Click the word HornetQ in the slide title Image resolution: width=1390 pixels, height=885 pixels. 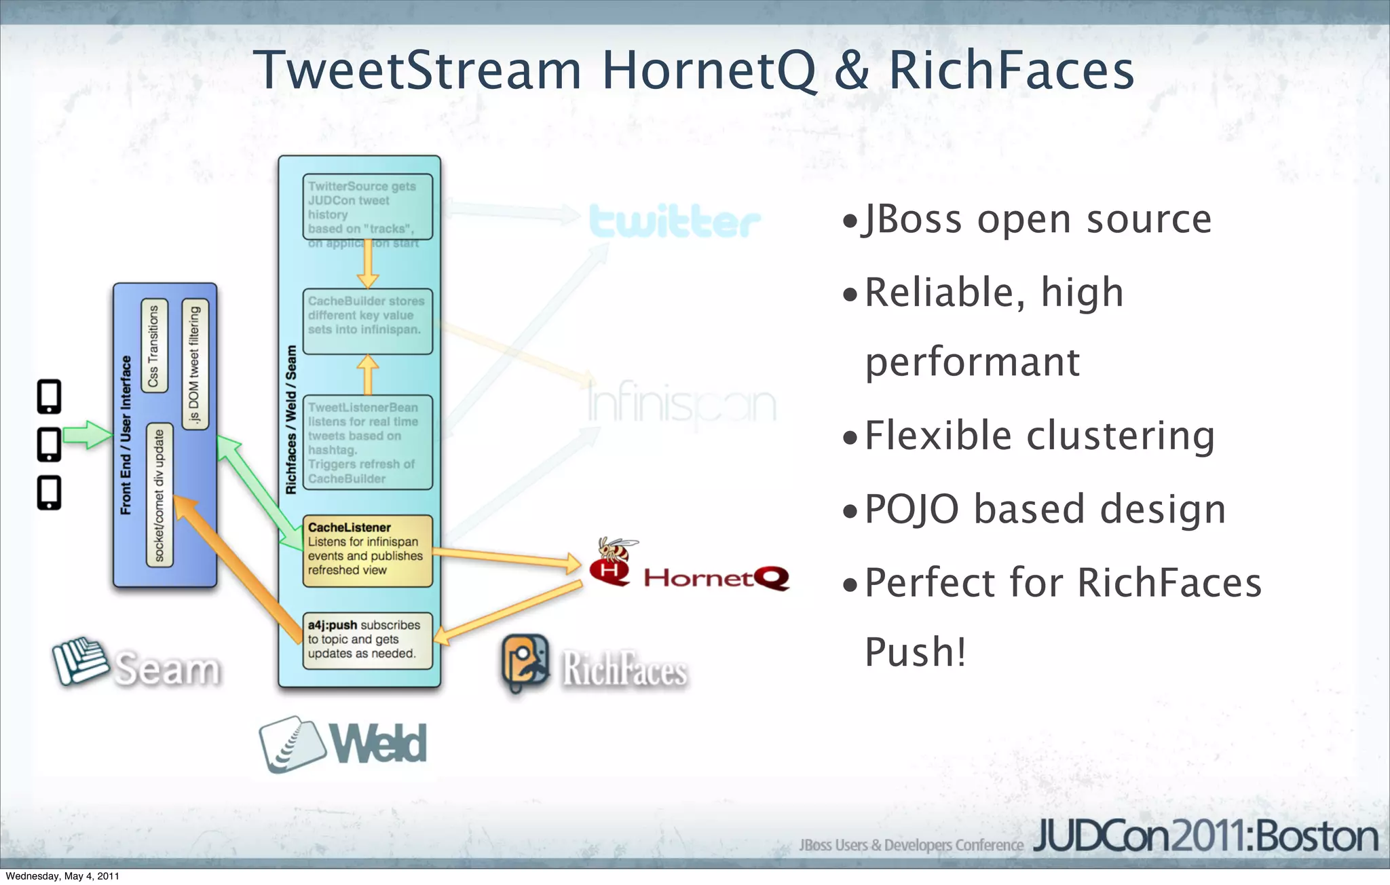(709, 71)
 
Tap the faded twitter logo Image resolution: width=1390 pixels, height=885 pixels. (674, 221)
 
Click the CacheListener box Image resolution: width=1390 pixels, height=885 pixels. (367, 550)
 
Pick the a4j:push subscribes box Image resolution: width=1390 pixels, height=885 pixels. (367, 640)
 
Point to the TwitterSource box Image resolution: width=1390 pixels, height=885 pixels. (367, 208)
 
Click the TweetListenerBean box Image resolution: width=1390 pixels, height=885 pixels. (367, 442)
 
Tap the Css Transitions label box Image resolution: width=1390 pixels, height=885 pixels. (154, 345)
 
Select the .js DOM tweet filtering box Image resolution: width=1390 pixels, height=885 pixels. (195, 364)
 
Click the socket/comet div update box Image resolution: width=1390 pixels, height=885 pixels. (159, 496)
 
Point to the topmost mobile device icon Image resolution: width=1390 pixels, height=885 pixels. (50, 396)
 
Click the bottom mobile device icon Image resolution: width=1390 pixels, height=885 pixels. (50, 493)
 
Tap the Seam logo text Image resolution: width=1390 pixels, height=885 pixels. (167, 669)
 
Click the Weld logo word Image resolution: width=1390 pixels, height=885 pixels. (379, 744)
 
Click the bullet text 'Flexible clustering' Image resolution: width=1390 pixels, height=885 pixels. (1038, 435)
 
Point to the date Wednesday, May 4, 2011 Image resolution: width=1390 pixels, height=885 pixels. (62, 876)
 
